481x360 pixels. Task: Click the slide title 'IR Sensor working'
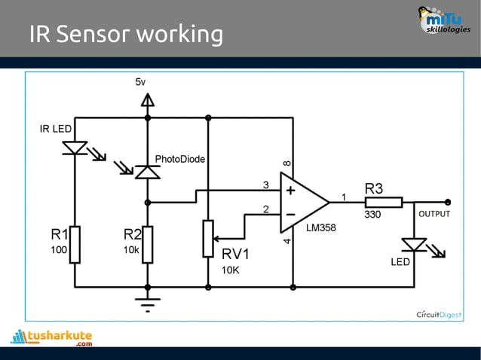[x=126, y=35]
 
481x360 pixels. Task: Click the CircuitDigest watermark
[x=440, y=314]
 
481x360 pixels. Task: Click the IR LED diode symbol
[x=75, y=148]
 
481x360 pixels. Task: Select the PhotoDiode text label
[x=180, y=159]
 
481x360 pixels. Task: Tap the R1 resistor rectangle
[x=75, y=244]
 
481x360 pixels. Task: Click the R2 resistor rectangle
[x=148, y=244]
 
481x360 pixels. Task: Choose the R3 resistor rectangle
[x=384, y=202]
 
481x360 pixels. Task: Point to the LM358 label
[x=322, y=227]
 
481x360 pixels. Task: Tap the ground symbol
[x=148, y=303]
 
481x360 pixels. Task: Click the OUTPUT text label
[x=434, y=214]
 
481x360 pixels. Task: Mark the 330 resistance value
[x=373, y=215]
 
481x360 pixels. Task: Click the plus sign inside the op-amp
[x=290, y=191]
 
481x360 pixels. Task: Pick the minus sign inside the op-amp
[x=290, y=214]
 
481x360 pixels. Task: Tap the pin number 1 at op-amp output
[x=344, y=197]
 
